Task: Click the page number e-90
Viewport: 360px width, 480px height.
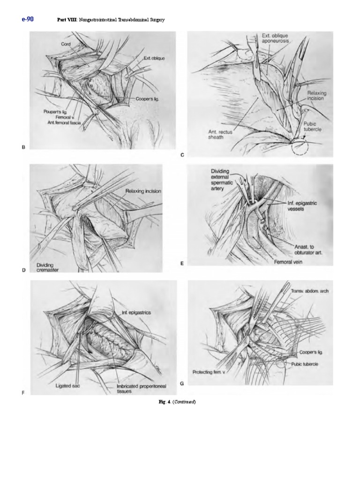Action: coord(28,19)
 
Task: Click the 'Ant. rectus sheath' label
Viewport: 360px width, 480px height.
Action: coord(220,135)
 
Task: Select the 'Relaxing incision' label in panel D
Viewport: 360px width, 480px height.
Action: coord(143,191)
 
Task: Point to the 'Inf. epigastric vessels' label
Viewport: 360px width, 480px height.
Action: coord(303,206)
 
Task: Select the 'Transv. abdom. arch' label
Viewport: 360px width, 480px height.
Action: coord(310,291)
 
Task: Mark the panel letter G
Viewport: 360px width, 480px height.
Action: coord(182,383)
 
